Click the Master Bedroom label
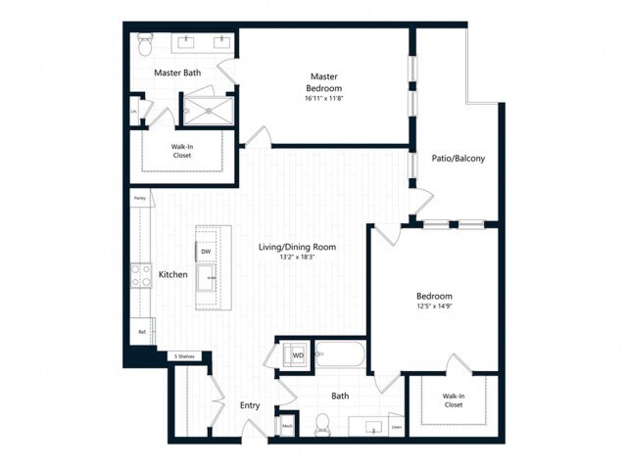coord(323,76)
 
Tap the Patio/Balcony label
coord(458,158)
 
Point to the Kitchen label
coord(172,275)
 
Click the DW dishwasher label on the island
coord(206,253)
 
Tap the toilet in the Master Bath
coord(144,44)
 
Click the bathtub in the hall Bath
coord(340,355)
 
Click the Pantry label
coord(139,199)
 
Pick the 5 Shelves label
coord(184,356)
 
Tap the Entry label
coord(249,404)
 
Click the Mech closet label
coord(288,426)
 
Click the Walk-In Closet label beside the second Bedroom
coord(453,399)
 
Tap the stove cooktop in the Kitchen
coord(138,276)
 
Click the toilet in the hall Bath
coord(322,425)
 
